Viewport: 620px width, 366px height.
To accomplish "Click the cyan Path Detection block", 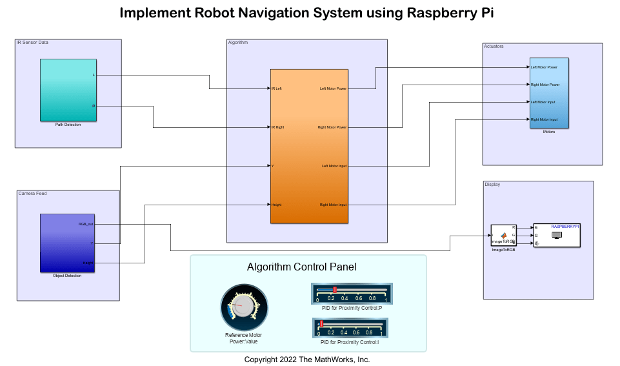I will pyautogui.click(x=68, y=90).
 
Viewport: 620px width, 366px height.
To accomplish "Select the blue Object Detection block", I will pyautogui.click(x=67, y=243).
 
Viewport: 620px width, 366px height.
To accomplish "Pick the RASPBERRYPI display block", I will pyautogui.click(x=556, y=236).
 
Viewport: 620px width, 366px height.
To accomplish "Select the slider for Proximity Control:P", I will pyautogui.click(x=352, y=293).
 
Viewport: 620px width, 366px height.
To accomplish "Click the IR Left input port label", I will pyautogui.click(x=277, y=88).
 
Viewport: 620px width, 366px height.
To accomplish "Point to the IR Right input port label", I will pyautogui.click(x=278, y=127).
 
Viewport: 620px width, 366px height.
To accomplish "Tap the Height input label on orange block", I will pyautogui.click(x=277, y=205).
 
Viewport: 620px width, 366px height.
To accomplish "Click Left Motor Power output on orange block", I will pyautogui.click(x=333, y=88).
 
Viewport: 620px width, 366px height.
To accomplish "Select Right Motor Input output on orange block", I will pyautogui.click(x=334, y=205).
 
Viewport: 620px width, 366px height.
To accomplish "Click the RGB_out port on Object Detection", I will pyautogui.click(x=86, y=224).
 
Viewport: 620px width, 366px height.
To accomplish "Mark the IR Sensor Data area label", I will pyautogui.click(x=32, y=43).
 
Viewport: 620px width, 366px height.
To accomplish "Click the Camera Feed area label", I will pyautogui.click(x=32, y=194).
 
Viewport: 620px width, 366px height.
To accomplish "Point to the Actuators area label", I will pyautogui.click(x=494, y=46).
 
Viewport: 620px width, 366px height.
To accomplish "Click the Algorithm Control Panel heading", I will pyautogui.click(x=301, y=267).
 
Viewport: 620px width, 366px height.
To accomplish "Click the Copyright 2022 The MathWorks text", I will pyautogui.click(x=307, y=360).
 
